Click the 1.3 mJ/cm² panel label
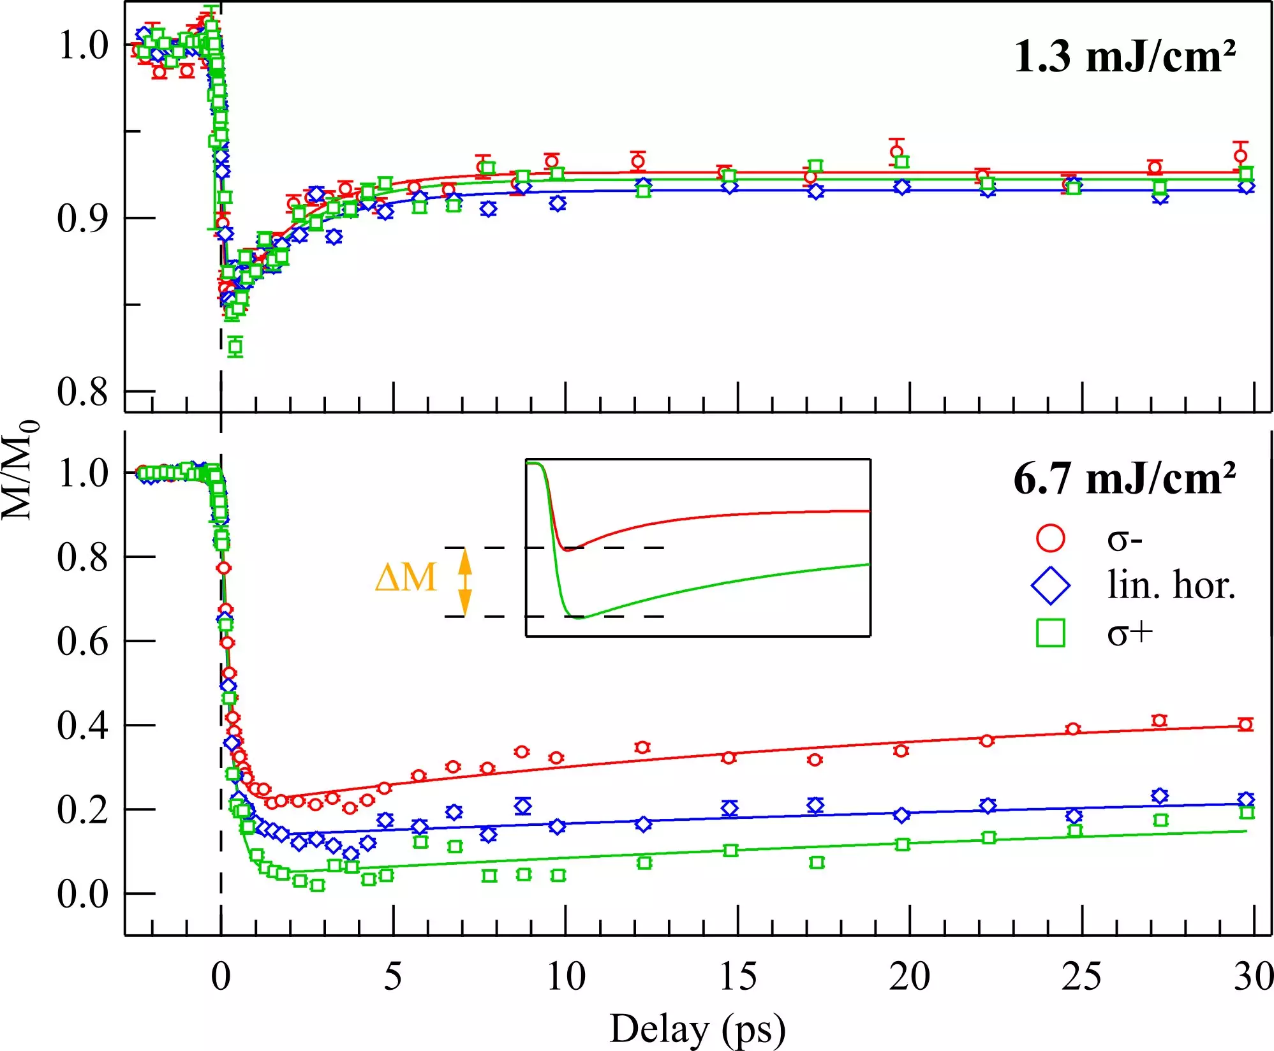tap(1125, 57)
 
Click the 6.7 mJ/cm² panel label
tap(1125, 479)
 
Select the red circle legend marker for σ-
tap(1050, 538)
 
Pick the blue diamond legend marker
tap(1050, 585)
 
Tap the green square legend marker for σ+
tap(1050, 633)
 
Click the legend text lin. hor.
tap(1171, 585)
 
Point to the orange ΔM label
tap(406, 578)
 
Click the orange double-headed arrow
tap(465, 582)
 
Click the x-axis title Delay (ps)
tap(697, 1029)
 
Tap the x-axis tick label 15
tap(738, 976)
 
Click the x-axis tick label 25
tap(1081, 976)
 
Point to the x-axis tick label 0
tap(221, 976)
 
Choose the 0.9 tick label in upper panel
tap(82, 218)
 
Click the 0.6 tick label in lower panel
tap(82, 642)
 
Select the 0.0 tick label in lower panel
tap(82, 894)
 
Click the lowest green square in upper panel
tap(235, 347)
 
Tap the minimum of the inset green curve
tap(578, 617)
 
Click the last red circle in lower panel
tap(1245, 724)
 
